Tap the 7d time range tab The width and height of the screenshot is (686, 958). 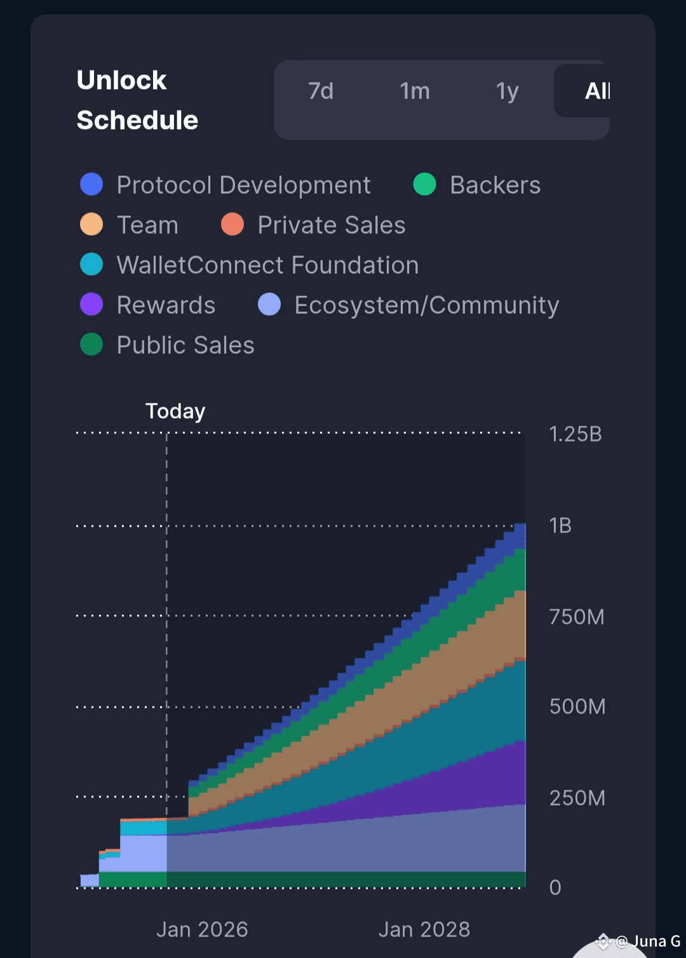[321, 91]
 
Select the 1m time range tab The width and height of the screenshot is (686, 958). [415, 91]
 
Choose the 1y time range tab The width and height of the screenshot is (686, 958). [508, 91]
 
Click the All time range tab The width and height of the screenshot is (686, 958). [596, 91]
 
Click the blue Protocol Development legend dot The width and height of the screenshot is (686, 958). [91, 184]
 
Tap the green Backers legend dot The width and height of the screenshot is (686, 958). [424, 184]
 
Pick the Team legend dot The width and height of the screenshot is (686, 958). [91, 224]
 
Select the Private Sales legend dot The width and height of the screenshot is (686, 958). [232, 224]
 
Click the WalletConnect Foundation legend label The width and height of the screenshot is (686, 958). [267, 265]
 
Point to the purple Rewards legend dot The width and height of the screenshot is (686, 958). [91, 304]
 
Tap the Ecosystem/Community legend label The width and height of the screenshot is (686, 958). [427, 305]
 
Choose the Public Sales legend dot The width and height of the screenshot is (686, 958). [91, 344]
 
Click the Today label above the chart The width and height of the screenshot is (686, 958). [175, 411]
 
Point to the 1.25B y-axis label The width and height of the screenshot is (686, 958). [575, 434]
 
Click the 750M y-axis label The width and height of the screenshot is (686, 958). [576, 616]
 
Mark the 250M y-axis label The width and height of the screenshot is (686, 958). [577, 798]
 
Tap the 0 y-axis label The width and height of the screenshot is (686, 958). [555, 887]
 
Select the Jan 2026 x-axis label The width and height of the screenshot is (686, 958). [202, 929]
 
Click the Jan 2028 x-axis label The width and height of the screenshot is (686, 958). [424, 929]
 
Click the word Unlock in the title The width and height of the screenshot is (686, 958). [121, 80]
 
